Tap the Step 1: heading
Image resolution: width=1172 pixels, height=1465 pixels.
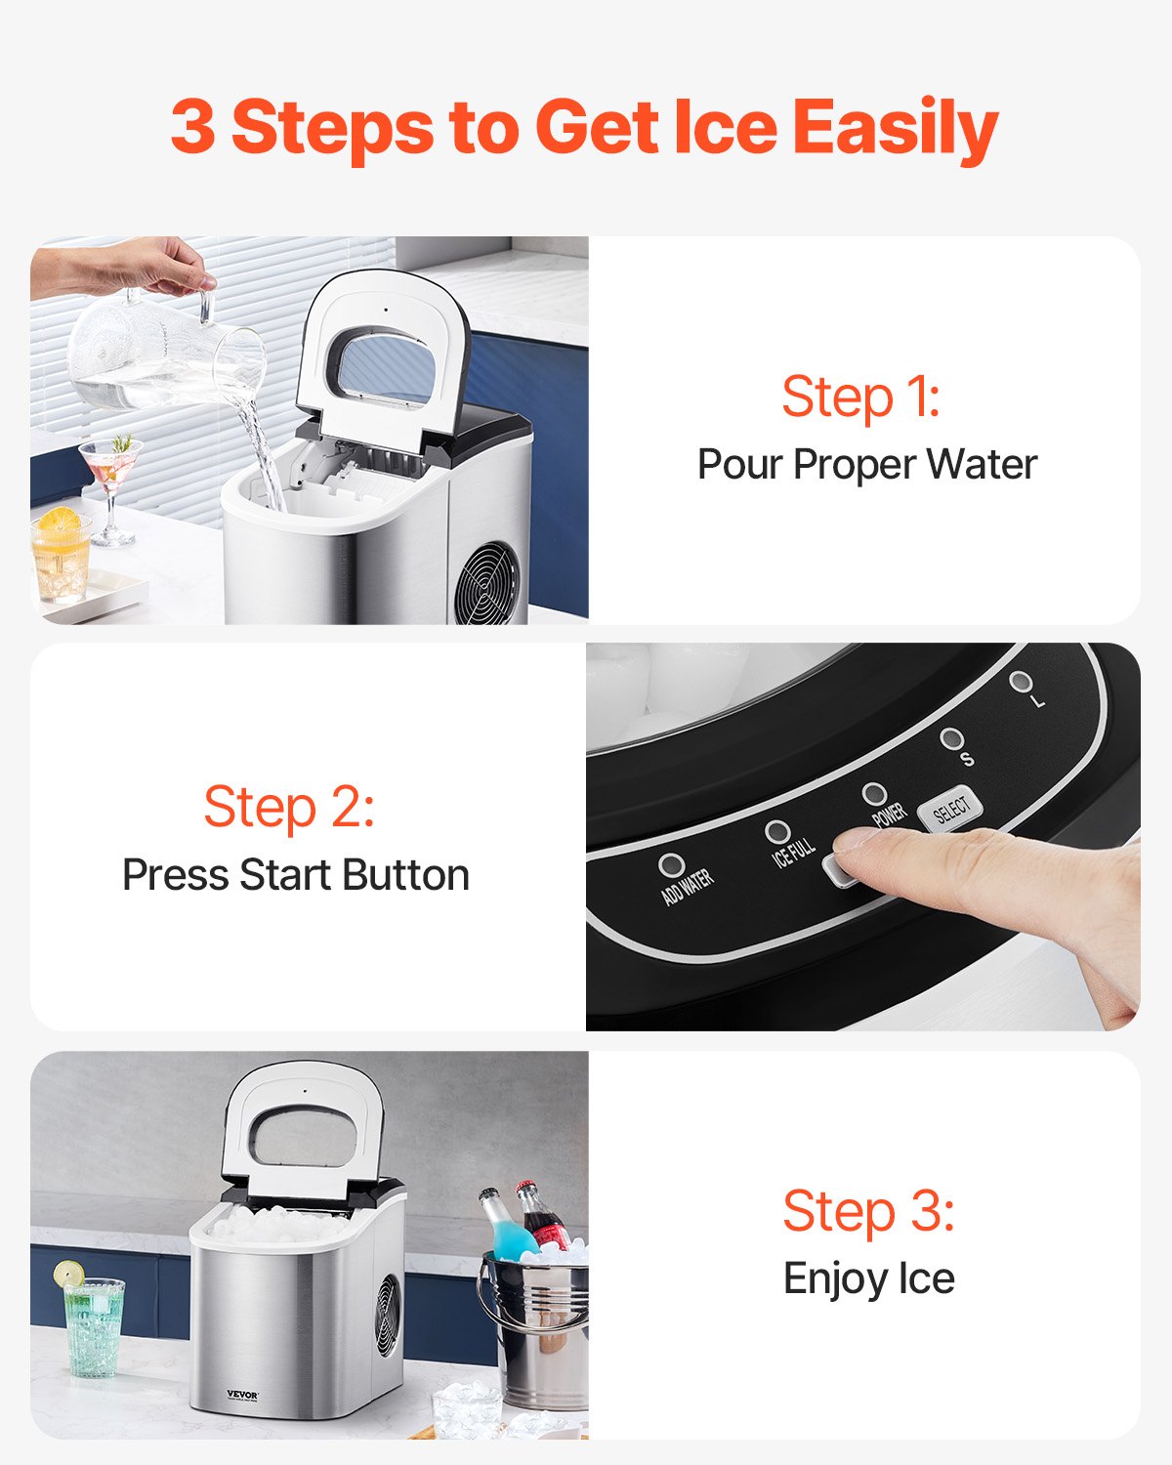[860, 397]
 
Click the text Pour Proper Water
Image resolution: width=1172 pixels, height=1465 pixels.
[866, 465]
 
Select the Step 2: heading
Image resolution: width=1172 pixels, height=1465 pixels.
[289, 807]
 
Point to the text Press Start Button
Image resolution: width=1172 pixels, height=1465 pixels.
[296, 875]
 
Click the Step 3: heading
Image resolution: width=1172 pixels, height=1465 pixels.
[868, 1211]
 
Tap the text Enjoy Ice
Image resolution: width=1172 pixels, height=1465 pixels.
[868, 1278]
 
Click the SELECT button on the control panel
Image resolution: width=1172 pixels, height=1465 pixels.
[950, 810]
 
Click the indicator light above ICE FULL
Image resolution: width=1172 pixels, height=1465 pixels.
[777, 832]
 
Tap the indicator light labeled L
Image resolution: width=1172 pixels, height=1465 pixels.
[1020, 681]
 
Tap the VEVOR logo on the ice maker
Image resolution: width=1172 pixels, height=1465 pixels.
[242, 1395]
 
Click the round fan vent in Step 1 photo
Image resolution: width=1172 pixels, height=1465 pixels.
[488, 583]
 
